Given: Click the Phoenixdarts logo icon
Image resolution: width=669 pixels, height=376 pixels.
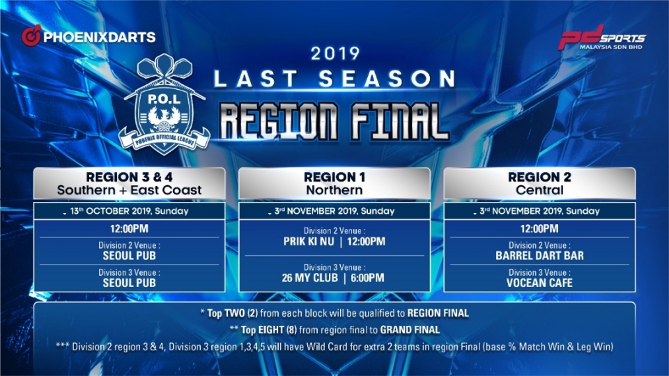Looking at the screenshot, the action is coord(31,36).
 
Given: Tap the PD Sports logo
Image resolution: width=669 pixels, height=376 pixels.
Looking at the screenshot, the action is coord(602,38).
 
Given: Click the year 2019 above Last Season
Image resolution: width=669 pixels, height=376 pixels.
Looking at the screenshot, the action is coord(335,54).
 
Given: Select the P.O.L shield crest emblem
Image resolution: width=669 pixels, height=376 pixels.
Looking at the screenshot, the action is coord(164,104).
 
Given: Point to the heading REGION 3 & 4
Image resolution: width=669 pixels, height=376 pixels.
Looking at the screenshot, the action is coord(130,177).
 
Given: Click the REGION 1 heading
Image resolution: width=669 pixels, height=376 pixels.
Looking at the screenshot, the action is coord(334,177).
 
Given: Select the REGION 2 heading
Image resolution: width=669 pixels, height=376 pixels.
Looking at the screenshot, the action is coord(539,177).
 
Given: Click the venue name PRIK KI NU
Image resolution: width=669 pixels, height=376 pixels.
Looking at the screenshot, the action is coord(309,242).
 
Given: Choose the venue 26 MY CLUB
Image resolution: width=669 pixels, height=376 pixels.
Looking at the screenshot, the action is coord(309,278).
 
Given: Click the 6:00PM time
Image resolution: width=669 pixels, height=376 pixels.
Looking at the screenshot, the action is coord(367,278).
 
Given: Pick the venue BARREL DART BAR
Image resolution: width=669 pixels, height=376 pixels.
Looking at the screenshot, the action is coord(539,256).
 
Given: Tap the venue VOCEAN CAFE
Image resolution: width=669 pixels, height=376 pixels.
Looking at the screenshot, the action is coord(539,283).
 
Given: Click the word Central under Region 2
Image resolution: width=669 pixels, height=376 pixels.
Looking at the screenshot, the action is coord(539,190).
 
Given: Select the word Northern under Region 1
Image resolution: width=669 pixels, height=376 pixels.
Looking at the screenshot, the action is coord(334,190).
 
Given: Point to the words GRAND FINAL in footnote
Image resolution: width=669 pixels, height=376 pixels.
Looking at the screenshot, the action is coord(410,330).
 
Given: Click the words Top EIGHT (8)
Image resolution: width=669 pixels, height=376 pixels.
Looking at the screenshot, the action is coord(269,330).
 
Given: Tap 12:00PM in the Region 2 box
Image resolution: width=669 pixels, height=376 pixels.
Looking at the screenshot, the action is coord(539,229).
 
